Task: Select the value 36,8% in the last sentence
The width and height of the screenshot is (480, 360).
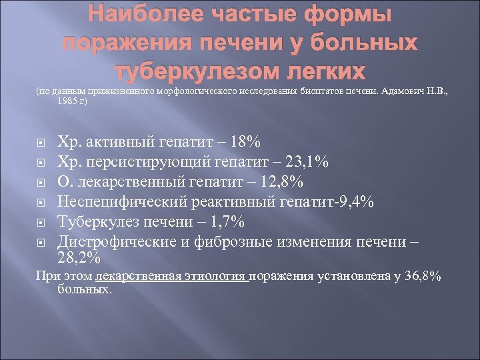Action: [x=421, y=276]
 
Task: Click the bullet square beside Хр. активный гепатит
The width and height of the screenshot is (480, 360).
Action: [x=41, y=142]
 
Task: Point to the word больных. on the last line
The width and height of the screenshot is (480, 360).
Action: [x=84, y=290]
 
